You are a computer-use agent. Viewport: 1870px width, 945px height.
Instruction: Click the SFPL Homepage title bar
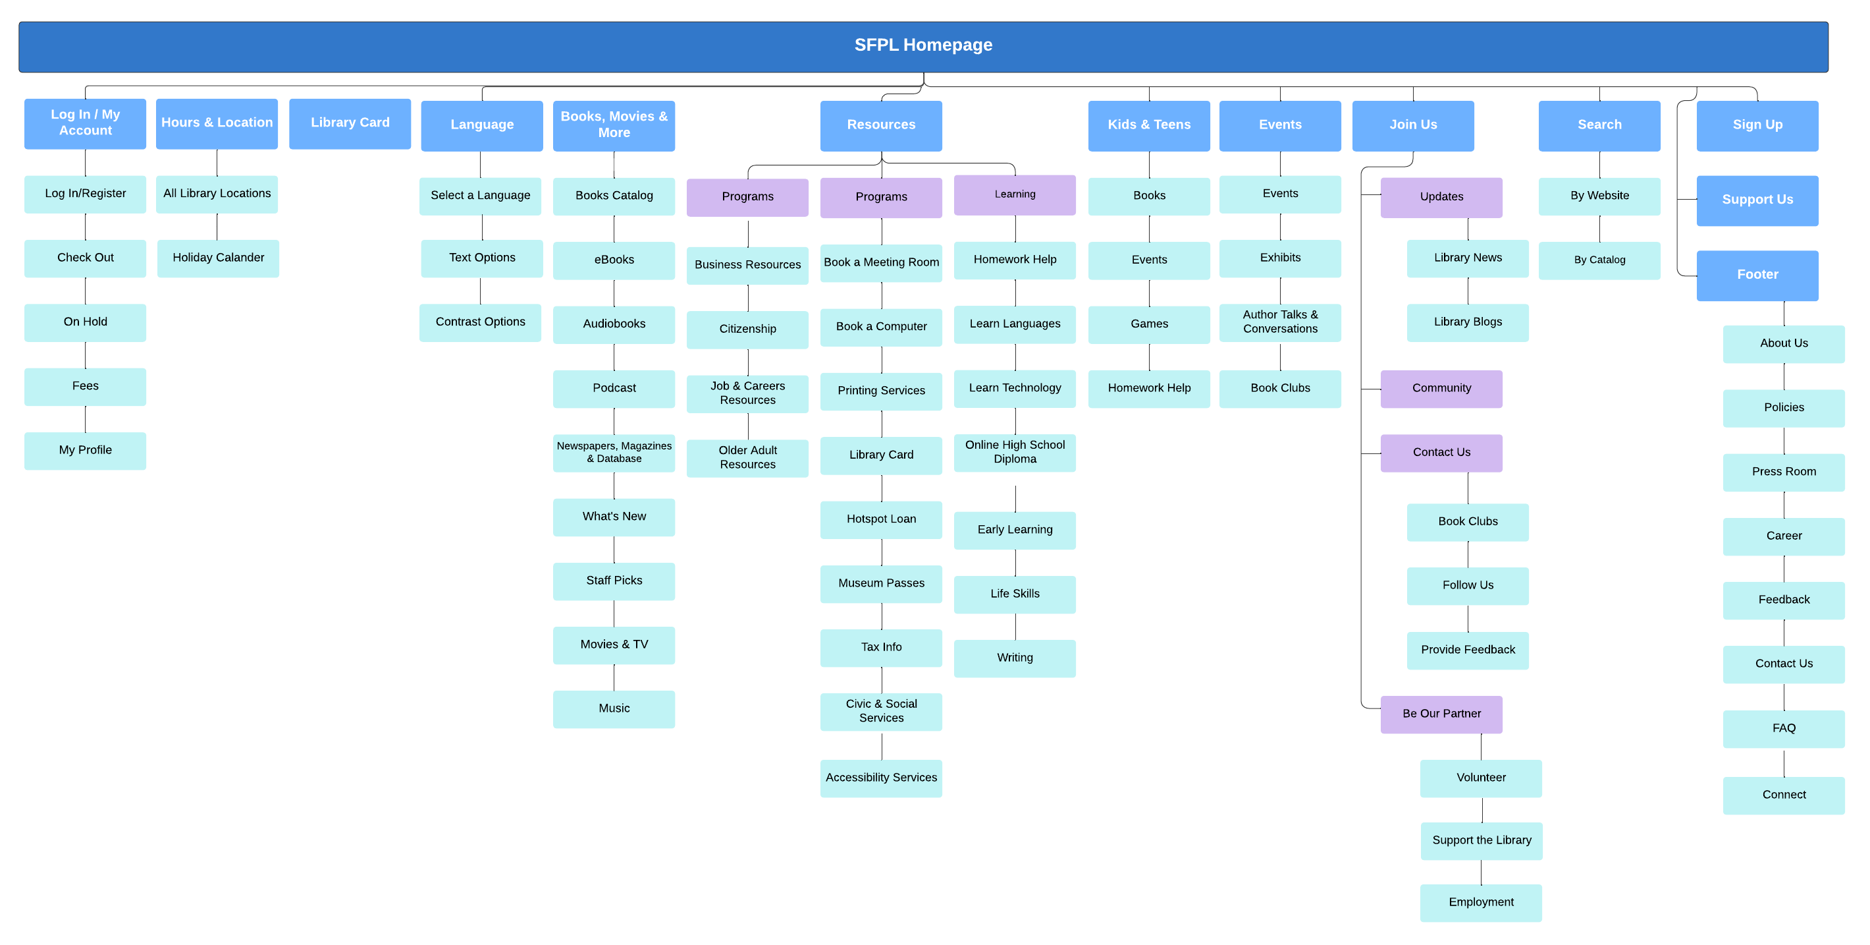click(x=922, y=45)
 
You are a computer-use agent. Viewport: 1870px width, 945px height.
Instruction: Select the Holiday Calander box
click(x=218, y=258)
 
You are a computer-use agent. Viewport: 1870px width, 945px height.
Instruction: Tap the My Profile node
click(x=85, y=450)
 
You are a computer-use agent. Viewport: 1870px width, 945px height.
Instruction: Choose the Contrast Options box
click(x=480, y=322)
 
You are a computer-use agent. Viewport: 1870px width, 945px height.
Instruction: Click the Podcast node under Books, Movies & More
click(x=614, y=389)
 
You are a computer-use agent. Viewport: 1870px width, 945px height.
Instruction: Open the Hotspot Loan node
click(x=880, y=519)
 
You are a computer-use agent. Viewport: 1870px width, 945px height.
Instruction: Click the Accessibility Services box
click(x=880, y=778)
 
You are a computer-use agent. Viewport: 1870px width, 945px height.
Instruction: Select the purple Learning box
click(x=1014, y=194)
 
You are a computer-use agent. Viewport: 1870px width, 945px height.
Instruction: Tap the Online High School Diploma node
click(x=1014, y=453)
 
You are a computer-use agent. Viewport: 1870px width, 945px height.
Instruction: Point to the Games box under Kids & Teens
click(x=1148, y=324)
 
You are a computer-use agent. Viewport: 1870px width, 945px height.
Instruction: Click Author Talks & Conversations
click(x=1280, y=322)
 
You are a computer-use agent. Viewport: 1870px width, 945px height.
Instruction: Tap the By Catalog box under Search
click(x=1599, y=260)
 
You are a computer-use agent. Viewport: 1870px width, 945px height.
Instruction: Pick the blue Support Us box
click(x=1757, y=200)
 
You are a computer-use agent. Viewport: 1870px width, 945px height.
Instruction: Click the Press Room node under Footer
click(x=1783, y=472)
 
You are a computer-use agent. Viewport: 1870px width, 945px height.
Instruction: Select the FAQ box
click(x=1783, y=729)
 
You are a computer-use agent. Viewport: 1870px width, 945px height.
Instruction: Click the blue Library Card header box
click(x=350, y=123)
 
